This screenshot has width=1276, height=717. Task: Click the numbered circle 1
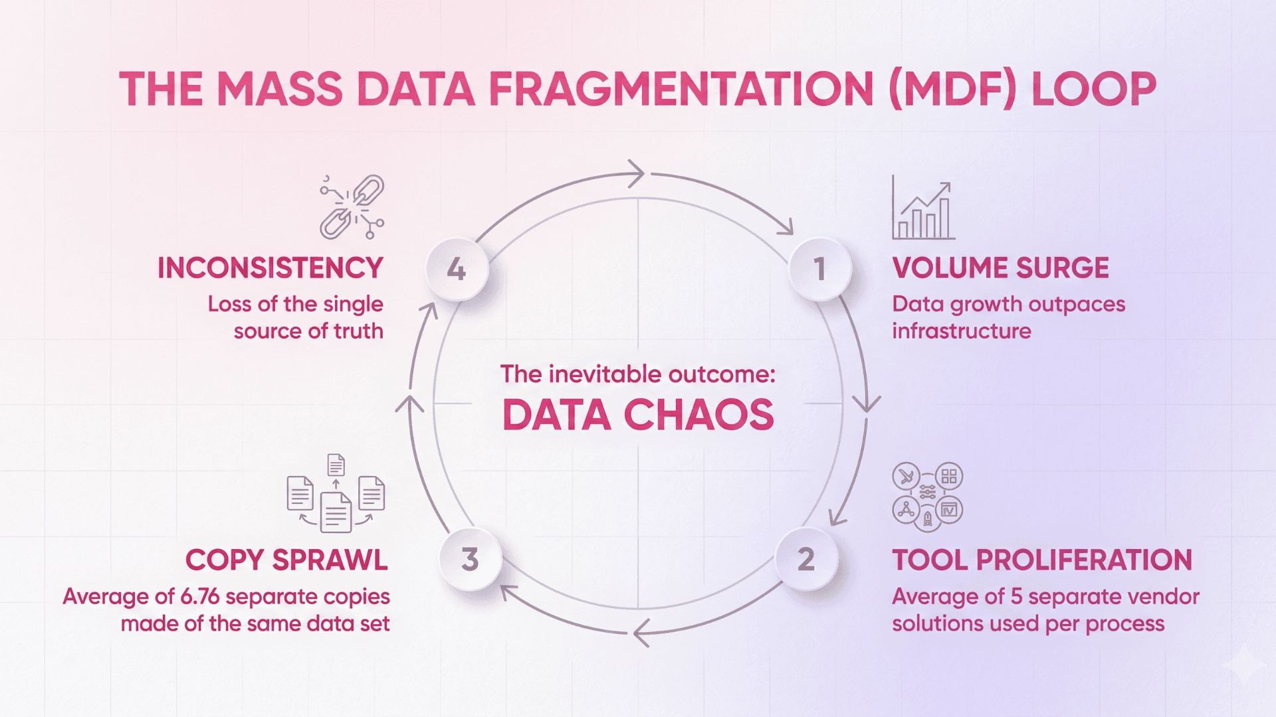(x=819, y=269)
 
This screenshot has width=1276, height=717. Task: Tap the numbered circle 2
(x=806, y=559)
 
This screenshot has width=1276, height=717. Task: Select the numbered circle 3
(x=470, y=559)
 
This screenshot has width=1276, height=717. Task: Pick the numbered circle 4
(x=457, y=269)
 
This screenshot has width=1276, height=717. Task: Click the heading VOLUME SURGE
(x=1000, y=268)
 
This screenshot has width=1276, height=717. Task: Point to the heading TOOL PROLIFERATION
(x=1041, y=560)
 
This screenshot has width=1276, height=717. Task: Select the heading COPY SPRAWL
(x=286, y=560)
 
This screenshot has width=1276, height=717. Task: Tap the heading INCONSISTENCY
(x=270, y=268)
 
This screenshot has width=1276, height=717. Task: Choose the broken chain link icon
(x=352, y=207)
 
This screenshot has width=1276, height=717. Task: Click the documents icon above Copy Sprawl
(x=336, y=494)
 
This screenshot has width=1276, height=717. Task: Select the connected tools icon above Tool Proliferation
(x=927, y=497)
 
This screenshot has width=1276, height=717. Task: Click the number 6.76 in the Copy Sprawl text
(x=200, y=596)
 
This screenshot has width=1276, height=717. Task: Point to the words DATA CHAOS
(x=638, y=415)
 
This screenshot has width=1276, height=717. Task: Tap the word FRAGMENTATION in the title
(x=681, y=90)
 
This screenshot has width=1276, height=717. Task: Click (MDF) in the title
(x=952, y=90)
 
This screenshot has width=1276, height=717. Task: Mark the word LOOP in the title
(x=1093, y=90)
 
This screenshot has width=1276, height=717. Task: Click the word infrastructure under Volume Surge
(x=961, y=331)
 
